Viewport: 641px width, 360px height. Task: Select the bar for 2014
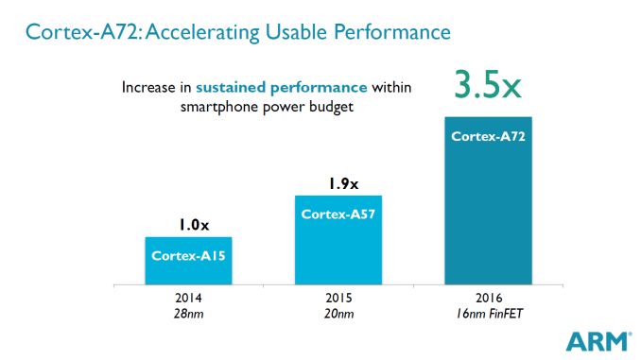coord(188,260)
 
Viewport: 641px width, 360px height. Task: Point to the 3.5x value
coord(488,84)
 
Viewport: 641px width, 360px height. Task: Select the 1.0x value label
coord(188,225)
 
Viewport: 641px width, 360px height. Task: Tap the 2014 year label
coord(188,297)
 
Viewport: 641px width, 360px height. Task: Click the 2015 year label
coord(338,297)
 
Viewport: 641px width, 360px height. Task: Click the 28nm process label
coord(188,313)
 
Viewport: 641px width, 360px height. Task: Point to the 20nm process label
coord(338,313)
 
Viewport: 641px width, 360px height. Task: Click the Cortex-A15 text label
coord(188,255)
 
